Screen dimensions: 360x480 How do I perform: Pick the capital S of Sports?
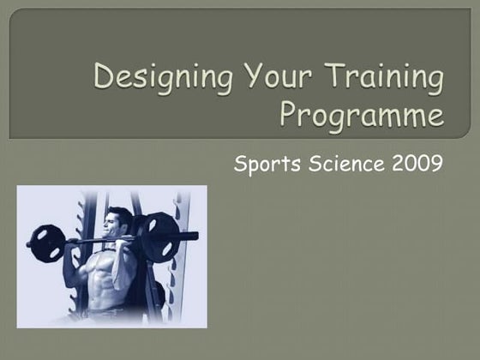[240, 161]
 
